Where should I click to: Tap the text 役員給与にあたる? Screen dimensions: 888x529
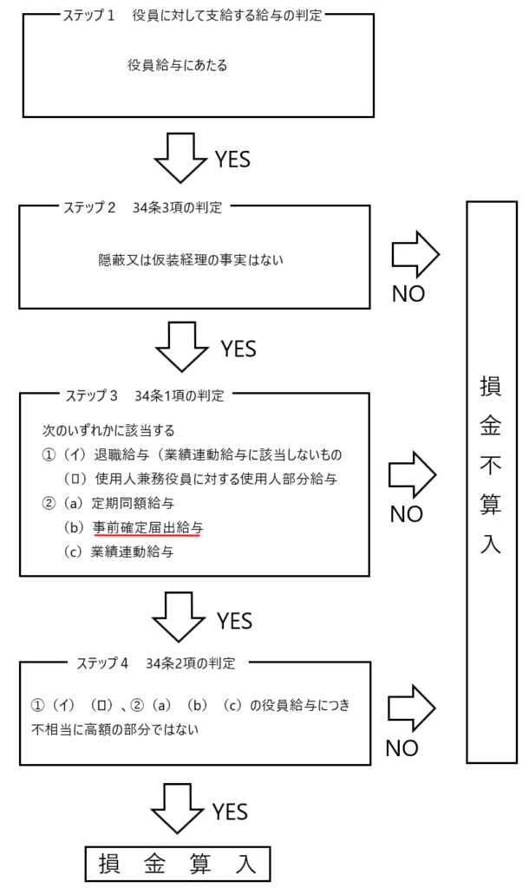click(x=177, y=65)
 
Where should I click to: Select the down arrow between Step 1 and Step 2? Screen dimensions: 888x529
click(x=180, y=157)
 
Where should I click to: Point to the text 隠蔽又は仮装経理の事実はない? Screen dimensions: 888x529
click(x=192, y=259)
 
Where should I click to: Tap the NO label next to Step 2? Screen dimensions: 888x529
click(x=408, y=293)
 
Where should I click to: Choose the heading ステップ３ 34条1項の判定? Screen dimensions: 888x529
click(x=144, y=395)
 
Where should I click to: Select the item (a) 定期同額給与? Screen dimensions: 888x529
click(x=121, y=503)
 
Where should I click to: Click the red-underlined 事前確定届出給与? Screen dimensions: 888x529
click(x=147, y=527)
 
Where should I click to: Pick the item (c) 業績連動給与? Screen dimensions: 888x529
click(x=120, y=551)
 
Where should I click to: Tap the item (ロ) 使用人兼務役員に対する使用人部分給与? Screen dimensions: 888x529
click(x=199, y=479)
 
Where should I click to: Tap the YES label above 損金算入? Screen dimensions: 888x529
click(x=230, y=812)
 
